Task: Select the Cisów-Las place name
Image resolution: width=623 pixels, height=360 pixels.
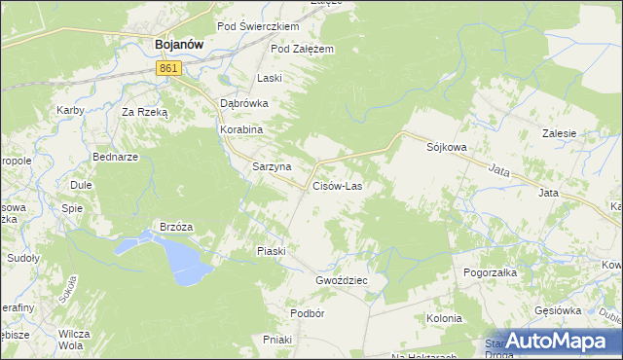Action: click(338, 185)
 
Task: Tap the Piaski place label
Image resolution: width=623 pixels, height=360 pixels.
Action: click(271, 251)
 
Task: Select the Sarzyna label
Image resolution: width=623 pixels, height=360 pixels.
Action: click(272, 166)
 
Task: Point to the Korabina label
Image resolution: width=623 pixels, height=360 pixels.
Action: click(241, 128)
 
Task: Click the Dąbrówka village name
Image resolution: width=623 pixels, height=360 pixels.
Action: click(243, 102)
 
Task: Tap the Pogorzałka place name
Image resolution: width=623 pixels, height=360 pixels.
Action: click(490, 273)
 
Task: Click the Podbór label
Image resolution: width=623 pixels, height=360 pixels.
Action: click(307, 313)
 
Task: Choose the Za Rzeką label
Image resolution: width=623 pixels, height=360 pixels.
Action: click(144, 112)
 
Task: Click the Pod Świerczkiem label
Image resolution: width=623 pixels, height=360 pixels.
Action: click(257, 26)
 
